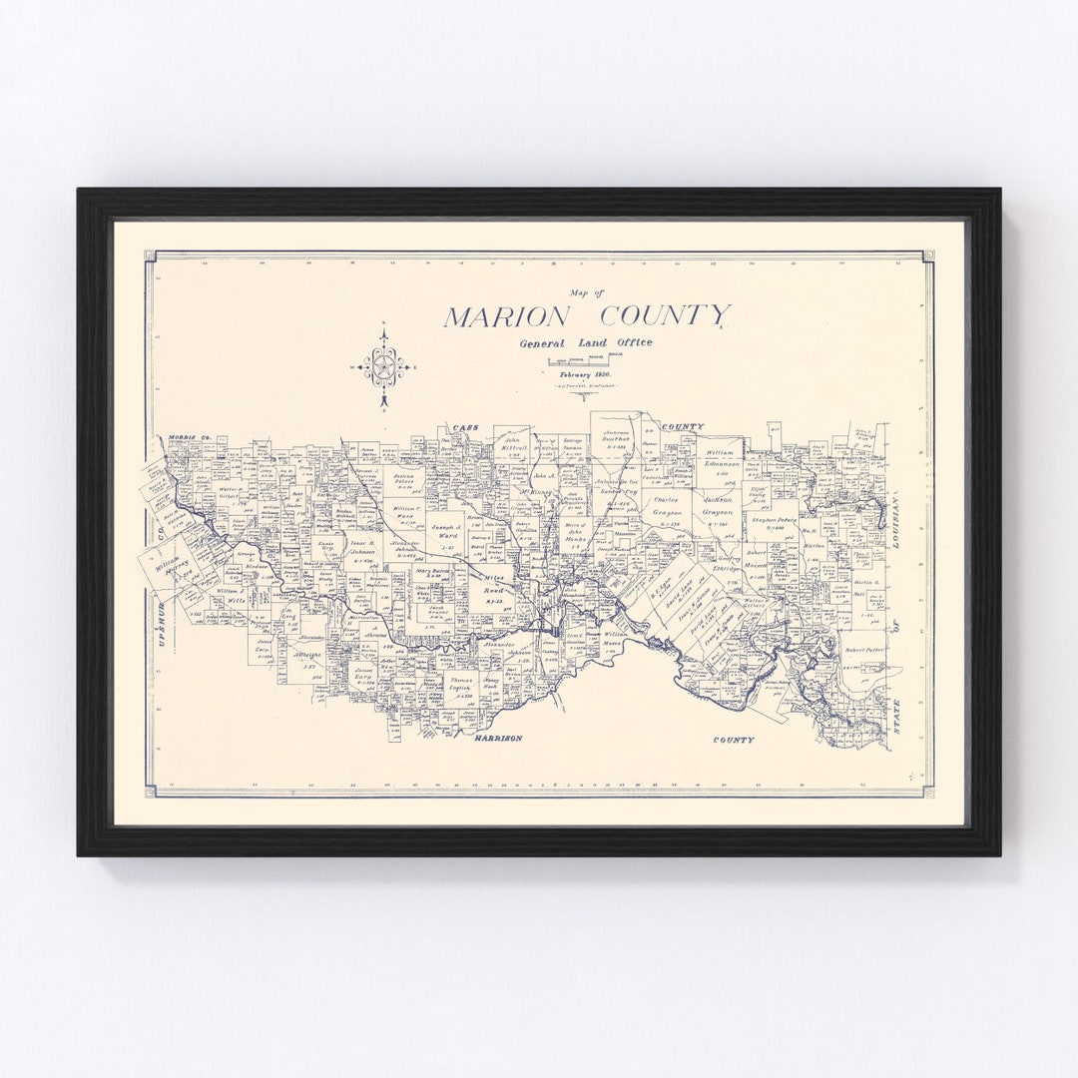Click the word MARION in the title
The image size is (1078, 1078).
coord(507,317)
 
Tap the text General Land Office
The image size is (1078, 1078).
coord(586,343)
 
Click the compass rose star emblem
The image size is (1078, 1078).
coord(383,366)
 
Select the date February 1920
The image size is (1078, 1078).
coord(586,372)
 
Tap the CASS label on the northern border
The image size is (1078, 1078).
coord(464,428)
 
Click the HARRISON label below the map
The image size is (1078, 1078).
coord(498,738)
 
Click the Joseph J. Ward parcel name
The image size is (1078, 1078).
coord(447,530)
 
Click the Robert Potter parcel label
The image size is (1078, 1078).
coord(863,649)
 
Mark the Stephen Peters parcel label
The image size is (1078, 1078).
coord(775,523)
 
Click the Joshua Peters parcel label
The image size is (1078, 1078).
coord(403,481)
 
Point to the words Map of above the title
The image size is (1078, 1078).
coord(586,293)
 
